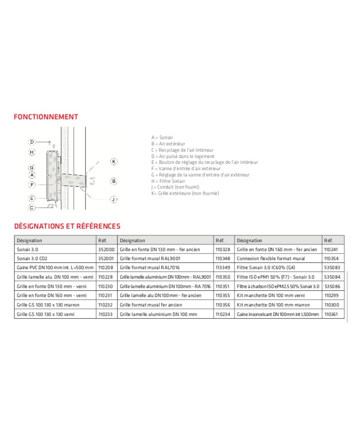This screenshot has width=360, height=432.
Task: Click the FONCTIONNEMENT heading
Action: tap(46, 117)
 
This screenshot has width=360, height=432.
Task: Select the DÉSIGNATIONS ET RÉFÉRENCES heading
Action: tap(67, 226)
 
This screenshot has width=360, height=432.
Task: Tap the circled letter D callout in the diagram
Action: tap(32, 142)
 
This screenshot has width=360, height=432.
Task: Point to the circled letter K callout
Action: tap(114, 161)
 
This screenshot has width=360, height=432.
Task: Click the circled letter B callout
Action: tap(114, 181)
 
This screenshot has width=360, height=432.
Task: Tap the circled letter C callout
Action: tap(32, 207)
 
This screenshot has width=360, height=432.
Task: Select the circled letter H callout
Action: tap(32, 152)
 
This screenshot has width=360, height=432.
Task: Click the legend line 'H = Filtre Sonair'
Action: tap(168, 180)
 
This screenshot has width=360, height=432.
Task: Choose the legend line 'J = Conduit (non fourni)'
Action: tap(175, 187)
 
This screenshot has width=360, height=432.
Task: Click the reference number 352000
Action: tap(106, 249)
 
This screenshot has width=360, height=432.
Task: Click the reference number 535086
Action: tap(332, 286)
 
